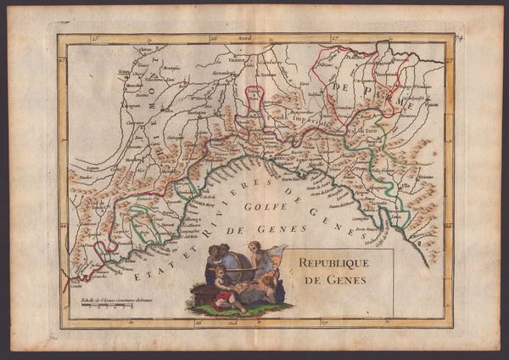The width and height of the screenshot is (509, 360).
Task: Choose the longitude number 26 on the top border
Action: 214,38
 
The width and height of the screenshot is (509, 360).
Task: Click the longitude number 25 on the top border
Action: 96,38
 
